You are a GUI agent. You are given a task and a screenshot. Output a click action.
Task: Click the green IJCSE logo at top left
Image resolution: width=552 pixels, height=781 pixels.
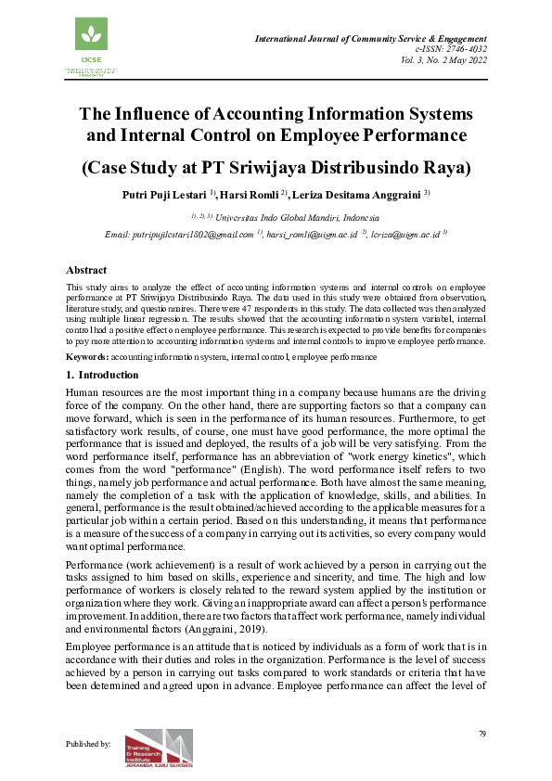click(92, 42)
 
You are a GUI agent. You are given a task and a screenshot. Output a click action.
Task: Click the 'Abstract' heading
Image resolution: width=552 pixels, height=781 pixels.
click(86, 270)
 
